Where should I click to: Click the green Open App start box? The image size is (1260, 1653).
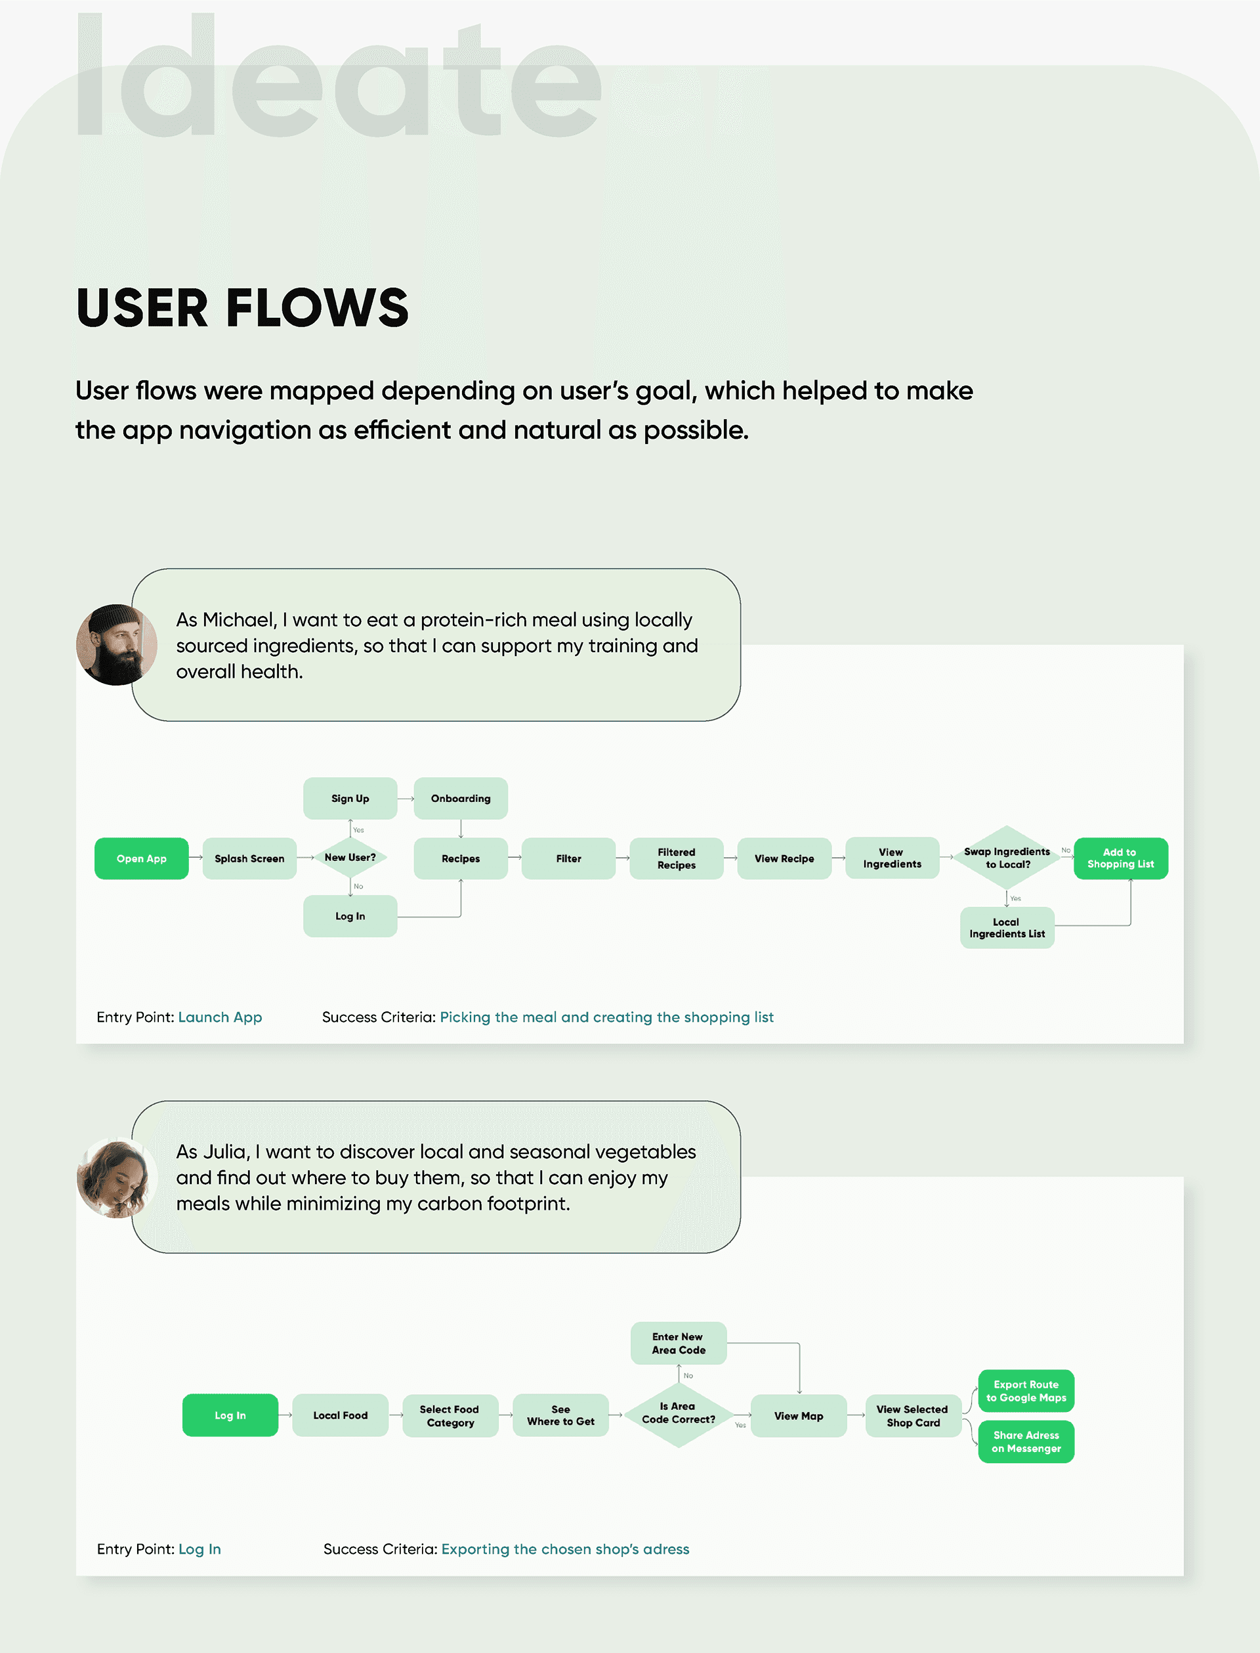pos(141,858)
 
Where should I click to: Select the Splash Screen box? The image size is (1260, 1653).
pos(249,858)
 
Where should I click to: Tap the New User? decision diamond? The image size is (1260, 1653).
pos(350,858)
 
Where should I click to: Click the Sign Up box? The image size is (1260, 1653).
pos(350,799)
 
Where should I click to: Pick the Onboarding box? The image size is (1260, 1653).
pos(461,799)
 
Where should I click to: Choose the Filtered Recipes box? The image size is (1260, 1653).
pos(677,858)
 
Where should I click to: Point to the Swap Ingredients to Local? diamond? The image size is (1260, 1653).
pos(1007,858)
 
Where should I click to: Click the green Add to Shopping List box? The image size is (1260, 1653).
pos(1120,858)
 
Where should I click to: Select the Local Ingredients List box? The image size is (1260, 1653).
pos(1007,928)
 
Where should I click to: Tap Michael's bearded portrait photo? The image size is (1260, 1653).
pos(116,644)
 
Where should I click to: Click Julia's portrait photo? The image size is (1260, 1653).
pos(116,1178)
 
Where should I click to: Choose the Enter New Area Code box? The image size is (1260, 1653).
pos(678,1343)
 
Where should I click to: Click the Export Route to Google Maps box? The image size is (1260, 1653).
pos(1026,1391)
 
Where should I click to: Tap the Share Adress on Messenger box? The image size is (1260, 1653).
pos(1026,1442)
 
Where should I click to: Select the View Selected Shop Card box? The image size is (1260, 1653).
pos(913,1416)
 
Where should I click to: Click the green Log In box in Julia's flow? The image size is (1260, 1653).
pos(230,1415)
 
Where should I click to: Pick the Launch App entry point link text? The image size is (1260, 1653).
pos(220,1017)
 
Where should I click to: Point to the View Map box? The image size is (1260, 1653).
pos(799,1416)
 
